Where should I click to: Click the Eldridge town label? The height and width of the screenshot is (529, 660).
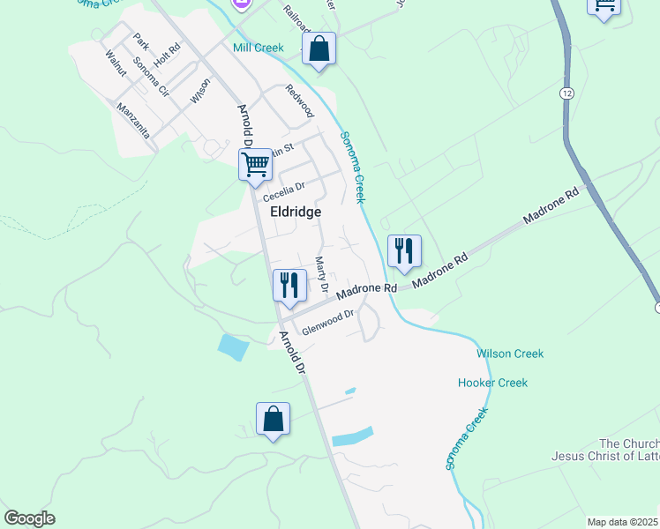point(289,212)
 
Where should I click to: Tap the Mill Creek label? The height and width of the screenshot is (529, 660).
point(259,48)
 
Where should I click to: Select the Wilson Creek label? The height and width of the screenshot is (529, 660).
point(510,354)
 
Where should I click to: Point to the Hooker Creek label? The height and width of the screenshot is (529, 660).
point(492,383)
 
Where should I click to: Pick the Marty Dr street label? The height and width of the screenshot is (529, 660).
point(321,275)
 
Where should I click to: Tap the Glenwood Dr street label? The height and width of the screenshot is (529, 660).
point(327,322)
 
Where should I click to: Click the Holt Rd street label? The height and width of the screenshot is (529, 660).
point(166,58)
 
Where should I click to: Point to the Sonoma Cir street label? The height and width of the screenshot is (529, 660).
point(150,77)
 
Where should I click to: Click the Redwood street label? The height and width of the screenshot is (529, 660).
point(299,101)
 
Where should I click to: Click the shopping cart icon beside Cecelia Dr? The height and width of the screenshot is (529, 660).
point(255,164)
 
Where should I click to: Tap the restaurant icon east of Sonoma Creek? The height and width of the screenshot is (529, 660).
point(403,251)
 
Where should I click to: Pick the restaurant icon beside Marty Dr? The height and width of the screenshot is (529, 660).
point(289,286)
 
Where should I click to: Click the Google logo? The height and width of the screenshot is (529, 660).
point(29,518)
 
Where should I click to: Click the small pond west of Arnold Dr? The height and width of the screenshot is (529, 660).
point(234,346)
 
